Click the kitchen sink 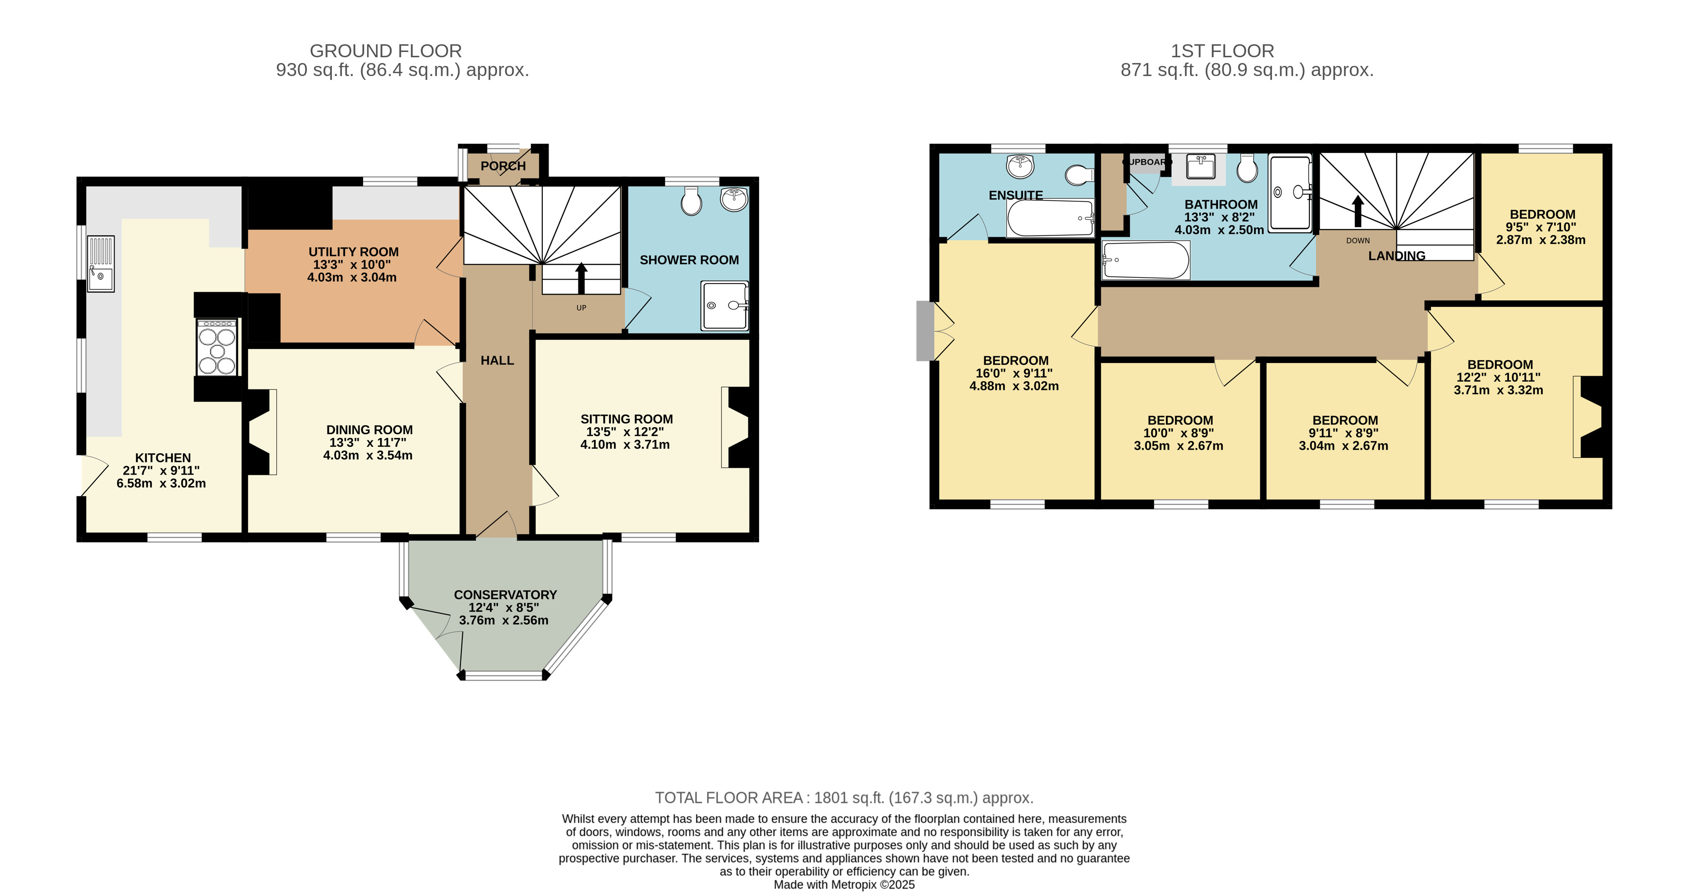[x=101, y=263]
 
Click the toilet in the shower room [x=692, y=201]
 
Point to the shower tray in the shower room [x=724, y=305]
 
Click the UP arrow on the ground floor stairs [x=581, y=278]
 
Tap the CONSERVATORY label [x=506, y=595]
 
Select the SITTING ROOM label [x=627, y=419]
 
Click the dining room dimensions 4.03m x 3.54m [x=368, y=455]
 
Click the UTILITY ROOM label [x=354, y=252]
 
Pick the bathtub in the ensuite [x=1050, y=218]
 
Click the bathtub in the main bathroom [x=1145, y=260]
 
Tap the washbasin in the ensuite [x=1020, y=167]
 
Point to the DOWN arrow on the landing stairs [x=1358, y=211]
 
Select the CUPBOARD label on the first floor [x=1147, y=162]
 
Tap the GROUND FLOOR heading [x=386, y=51]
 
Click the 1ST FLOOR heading [x=1222, y=51]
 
